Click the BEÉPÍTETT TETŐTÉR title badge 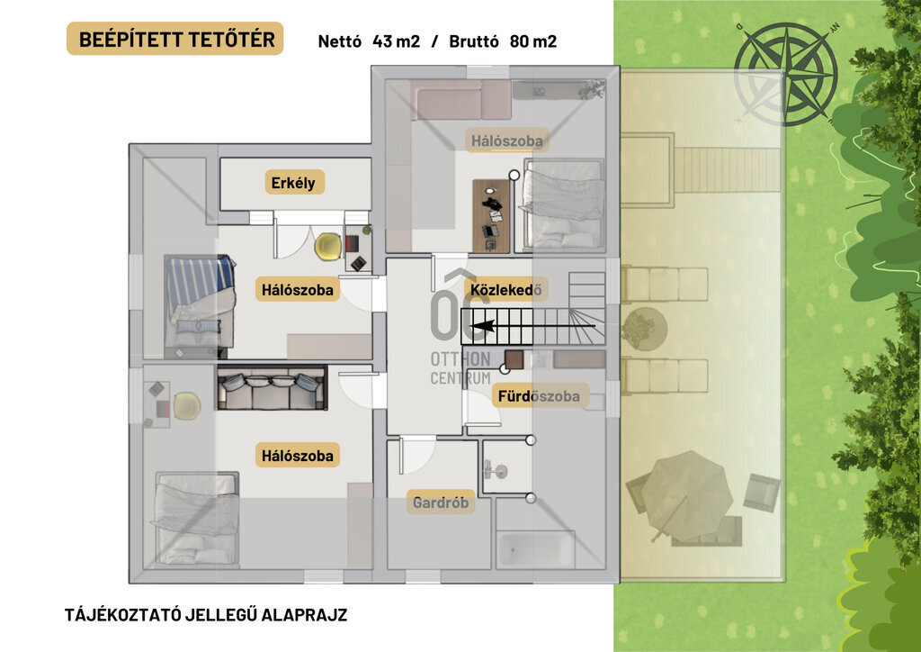point(175,39)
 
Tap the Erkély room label point(294,182)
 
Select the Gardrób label point(441,503)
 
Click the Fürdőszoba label point(539,396)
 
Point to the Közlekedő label point(505,289)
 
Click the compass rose point(786,74)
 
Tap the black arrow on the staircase point(533,326)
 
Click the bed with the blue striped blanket point(200,301)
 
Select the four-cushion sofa point(272,387)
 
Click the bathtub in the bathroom point(535,549)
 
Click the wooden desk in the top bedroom point(492,216)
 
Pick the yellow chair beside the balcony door point(327,247)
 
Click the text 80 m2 point(533,41)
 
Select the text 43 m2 point(396,41)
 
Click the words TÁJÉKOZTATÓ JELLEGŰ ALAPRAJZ point(206,615)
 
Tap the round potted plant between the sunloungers point(644,328)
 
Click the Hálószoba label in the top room point(507,141)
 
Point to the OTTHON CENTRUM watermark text point(460,368)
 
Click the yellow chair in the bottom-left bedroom point(187,405)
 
